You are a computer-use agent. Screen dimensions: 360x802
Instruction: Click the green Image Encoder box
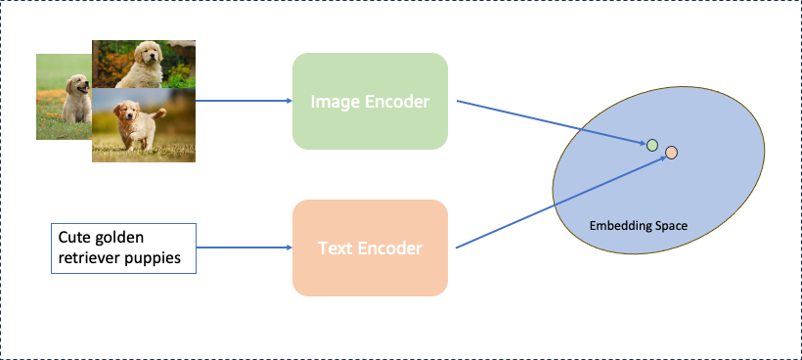pyautogui.click(x=370, y=101)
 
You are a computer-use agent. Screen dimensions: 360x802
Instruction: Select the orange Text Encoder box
pyautogui.click(x=370, y=247)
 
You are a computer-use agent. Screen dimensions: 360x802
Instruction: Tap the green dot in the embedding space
pyautogui.click(x=652, y=146)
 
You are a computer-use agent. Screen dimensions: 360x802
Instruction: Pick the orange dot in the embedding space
pyautogui.click(x=672, y=153)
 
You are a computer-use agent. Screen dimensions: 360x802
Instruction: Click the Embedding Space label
pyautogui.click(x=638, y=226)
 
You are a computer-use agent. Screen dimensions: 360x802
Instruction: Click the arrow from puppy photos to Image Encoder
pyautogui.click(x=245, y=101)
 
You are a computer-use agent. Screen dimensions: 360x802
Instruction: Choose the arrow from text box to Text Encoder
pyautogui.click(x=245, y=247)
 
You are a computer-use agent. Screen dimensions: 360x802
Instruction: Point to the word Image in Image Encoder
pyautogui.click(x=334, y=102)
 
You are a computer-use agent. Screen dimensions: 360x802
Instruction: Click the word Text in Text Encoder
pyautogui.click(x=334, y=248)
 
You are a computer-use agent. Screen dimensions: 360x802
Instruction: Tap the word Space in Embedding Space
pyautogui.click(x=670, y=226)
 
